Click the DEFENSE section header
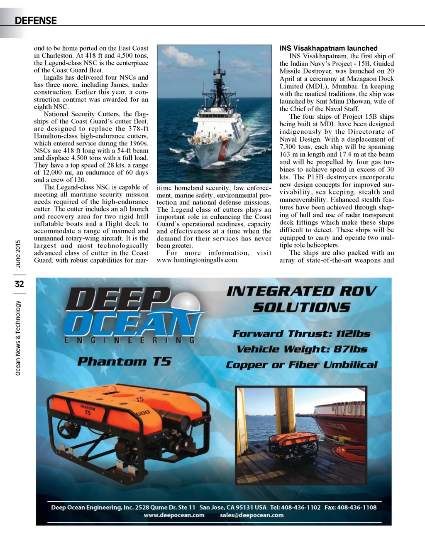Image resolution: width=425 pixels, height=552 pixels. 36,20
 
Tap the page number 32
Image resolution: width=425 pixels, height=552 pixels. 19,284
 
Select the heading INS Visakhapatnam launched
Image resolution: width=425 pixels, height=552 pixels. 328,48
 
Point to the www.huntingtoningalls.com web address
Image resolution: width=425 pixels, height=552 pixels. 197,260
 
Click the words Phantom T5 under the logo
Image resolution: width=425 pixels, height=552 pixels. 124,361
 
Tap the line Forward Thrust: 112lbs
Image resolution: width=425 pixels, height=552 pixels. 301,334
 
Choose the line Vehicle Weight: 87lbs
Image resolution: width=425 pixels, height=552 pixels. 302,349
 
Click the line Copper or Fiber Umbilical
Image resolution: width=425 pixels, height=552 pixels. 302,365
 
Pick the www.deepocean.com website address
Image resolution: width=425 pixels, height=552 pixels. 174,515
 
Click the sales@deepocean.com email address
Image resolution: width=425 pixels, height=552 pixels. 252,515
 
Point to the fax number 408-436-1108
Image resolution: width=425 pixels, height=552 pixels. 357,507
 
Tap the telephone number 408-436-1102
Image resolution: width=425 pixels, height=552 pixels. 301,507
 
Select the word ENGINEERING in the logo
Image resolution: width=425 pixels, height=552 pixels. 129,340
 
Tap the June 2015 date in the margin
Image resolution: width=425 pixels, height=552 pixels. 18,254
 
